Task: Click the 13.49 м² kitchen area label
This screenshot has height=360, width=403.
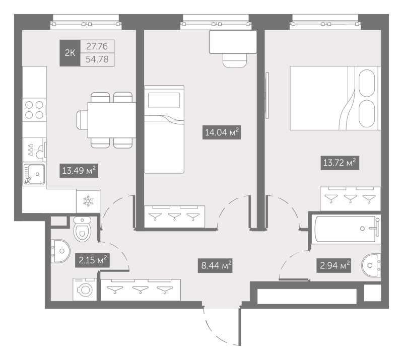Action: tap(79, 171)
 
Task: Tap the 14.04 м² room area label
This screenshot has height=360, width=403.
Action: tap(222, 132)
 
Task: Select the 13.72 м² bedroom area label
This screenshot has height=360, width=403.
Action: tap(340, 163)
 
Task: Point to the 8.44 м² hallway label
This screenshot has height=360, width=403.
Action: tap(215, 265)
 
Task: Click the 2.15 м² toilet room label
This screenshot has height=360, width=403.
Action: tap(93, 260)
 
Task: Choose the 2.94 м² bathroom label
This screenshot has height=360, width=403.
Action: tap(334, 265)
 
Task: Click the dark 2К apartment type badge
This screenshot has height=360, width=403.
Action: tap(70, 53)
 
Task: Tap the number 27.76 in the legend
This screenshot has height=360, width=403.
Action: tap(97, 46)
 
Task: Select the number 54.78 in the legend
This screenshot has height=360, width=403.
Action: tap(97, 59)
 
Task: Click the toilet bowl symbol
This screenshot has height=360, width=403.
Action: tap(82, 229)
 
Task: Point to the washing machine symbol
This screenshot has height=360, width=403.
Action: tap(85, 290)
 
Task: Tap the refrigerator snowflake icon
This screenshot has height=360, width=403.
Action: tap(88, 201)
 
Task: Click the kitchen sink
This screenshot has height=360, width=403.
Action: tap(34, 174)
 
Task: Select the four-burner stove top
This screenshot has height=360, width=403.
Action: tap(34, 110)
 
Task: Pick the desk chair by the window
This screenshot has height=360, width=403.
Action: tap(235, 60)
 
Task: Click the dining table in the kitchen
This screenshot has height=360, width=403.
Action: tap(112, 120)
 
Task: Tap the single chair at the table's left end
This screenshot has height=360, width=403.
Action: tap(82, 120)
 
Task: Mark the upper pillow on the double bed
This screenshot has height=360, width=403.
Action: tap(367, 83)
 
